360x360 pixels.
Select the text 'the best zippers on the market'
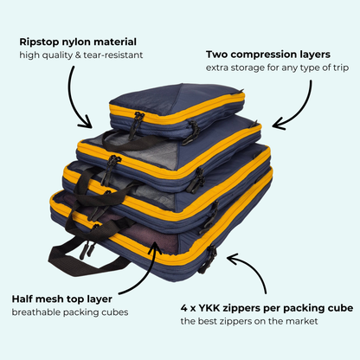tap(249, 321)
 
